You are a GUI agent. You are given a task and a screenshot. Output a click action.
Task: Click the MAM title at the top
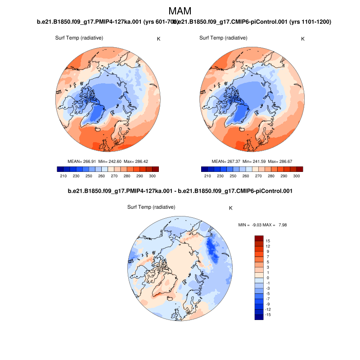point(180,11)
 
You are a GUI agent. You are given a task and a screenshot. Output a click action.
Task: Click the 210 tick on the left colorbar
point(63,176)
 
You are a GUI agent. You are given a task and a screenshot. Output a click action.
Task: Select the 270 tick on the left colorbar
point(115,176)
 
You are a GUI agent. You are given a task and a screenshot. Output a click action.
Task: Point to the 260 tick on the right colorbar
point(250,176)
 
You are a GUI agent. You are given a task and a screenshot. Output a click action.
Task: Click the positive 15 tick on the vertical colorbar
point(268,241)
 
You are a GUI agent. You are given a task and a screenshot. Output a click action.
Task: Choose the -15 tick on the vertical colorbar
point(268,315)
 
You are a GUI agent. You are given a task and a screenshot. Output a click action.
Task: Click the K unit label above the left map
point(158,39)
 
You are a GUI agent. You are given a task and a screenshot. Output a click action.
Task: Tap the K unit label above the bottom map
point(231,208)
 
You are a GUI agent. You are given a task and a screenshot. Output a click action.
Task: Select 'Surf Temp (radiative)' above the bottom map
point(151,207)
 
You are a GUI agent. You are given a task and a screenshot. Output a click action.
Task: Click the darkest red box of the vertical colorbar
point(259,238)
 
